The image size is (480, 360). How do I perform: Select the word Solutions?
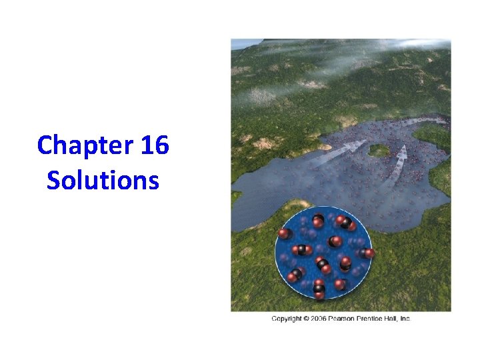tap(103, 180)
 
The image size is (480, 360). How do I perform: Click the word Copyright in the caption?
tap(286, 319)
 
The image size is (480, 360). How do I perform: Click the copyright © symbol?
tap(305, 319)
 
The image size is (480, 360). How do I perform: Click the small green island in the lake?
tap(379, 150)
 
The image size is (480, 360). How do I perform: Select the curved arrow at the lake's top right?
tap(427, 121)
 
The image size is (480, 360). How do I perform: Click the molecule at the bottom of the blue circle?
tap(319, 289)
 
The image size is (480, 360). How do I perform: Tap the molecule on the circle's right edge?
tap(366, 253)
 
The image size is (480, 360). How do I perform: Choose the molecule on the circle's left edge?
tap(285, 233)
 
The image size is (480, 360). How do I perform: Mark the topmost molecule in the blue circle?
tap(318, 219)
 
